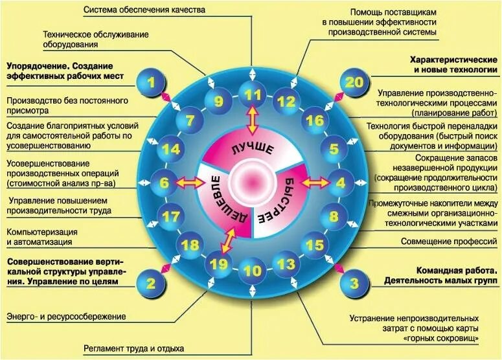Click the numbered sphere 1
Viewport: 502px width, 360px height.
click(151, 82)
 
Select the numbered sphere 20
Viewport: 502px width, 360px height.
click(353, 82)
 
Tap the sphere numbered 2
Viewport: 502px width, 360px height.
click(151, 283)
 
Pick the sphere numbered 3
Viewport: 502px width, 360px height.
click(354, 283)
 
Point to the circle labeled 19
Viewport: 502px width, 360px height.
click(220, 264)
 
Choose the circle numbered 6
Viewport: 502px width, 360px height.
click(164, 183)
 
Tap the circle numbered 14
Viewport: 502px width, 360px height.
click(171, 150)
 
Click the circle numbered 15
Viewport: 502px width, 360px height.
click(314, 245)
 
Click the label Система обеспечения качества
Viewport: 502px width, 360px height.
click(144, 10)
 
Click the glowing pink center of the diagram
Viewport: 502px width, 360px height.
click(252, 181)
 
